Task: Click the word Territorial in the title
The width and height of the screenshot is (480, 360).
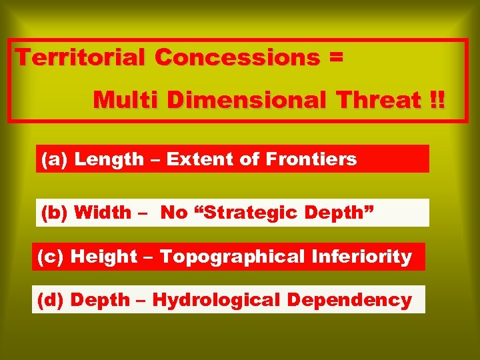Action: [81, 58]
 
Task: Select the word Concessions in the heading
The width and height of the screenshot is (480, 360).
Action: [237, 58]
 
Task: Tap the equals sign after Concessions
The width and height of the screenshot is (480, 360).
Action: [336, 58]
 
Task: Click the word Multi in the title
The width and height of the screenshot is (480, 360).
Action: [127, 101]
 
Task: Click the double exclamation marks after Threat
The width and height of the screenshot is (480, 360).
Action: [437, 101]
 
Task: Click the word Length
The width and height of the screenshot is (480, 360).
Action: [109, 159]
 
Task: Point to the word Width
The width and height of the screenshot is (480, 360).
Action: [103, 213]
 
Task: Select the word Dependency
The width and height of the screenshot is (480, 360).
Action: [349, 300]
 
